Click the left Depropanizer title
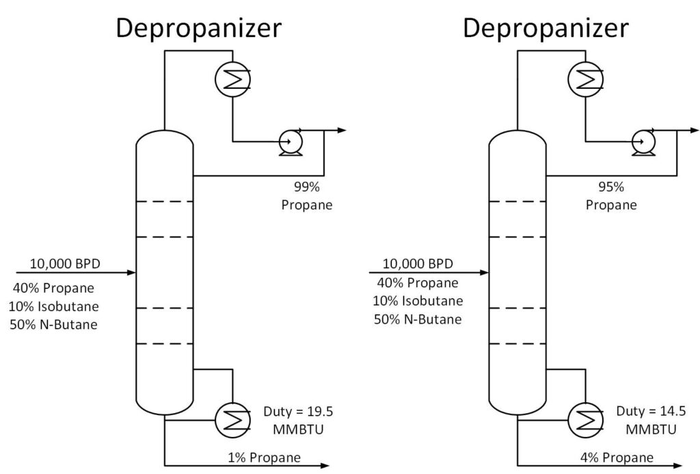pyautogui.click(x=198, y=28)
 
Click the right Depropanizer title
pyautogui.click(x=546, y=28)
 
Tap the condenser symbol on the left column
pyautogui.click(x=232, y=81)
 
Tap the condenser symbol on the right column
pyautogui.click(x=586, y=81)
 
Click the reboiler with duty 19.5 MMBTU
pyautogui.click(x=232, y=419)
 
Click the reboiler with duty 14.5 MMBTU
pyautogui.click(x=586, y=419)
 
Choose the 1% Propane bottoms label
pyautogui.click(x=264, y=458)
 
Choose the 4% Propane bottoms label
pyautogui.click(x=617, y=458)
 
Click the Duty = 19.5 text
pyautogui.click(x=298, y=412)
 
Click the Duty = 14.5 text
pyautogui.click(x=651, y=412)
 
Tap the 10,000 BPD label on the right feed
pyautogui.click(x=417, y=263)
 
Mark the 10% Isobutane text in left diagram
pyautogui.click(x=54, y=306)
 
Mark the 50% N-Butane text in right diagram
pyautogui.click(x=417, y=319)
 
